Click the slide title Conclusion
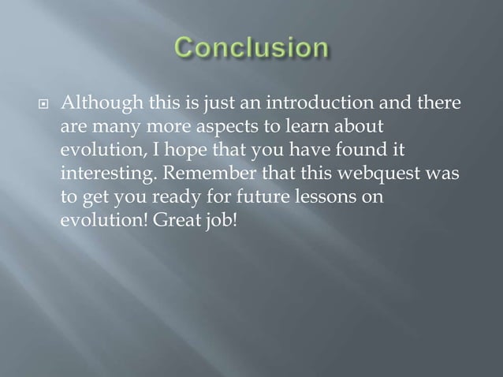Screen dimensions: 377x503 click(251, 50)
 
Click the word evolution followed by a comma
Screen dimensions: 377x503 click(99, 149)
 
